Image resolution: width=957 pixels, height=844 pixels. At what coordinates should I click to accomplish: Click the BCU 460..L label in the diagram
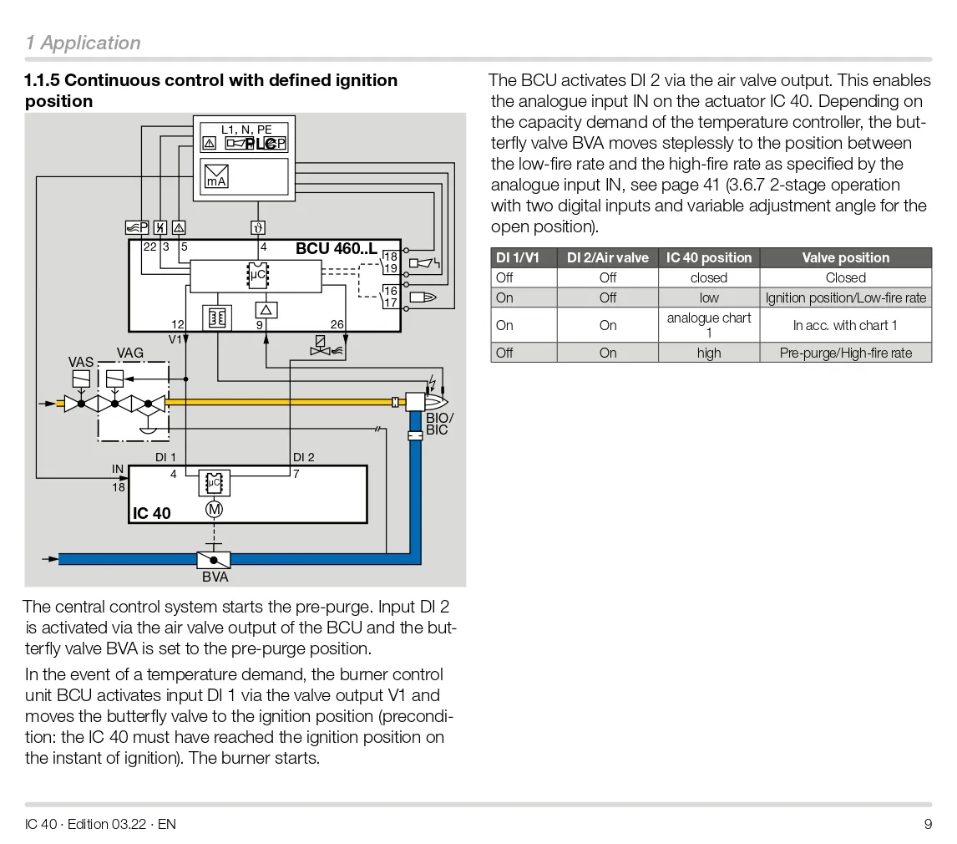tap(337, 248)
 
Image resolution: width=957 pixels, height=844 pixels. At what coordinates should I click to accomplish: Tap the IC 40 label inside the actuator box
tap(151, 513)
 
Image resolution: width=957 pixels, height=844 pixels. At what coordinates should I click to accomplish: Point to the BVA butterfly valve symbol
tap(214, 560)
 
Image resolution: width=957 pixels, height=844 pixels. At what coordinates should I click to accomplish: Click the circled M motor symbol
tap(214, 509)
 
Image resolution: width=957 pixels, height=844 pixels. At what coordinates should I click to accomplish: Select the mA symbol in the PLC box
tap(216, 176)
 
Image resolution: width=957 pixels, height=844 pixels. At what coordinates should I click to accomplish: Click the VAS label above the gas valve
tap(81, 363)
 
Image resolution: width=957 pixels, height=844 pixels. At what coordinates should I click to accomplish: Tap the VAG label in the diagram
tap(130, 353)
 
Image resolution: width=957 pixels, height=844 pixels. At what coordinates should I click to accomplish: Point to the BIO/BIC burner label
tap(439, 424)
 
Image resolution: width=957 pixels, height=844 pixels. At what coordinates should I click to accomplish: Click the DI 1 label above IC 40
tap(165, 457)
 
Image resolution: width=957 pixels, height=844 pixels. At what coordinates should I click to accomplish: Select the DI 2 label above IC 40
tap(303, 457)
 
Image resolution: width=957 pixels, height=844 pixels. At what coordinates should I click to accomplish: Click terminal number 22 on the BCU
tap(149, 247)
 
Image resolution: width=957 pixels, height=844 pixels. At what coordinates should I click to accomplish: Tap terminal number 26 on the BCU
tap(337, 324)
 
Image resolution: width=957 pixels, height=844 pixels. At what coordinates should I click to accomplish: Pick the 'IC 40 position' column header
tap(708, 257)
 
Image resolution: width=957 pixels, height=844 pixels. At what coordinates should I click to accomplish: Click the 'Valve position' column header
tap(845, 257)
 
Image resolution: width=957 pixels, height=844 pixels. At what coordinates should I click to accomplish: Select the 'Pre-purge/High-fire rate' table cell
tap(845, 353)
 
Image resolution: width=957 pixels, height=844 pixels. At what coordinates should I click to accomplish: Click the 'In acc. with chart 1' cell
tap(845, 325)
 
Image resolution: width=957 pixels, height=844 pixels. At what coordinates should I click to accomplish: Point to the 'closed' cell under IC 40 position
tap(708, 277)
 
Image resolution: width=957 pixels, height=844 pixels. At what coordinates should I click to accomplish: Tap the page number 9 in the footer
tap(928, 824)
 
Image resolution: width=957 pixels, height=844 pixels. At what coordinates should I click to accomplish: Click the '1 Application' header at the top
tap(83, 43)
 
